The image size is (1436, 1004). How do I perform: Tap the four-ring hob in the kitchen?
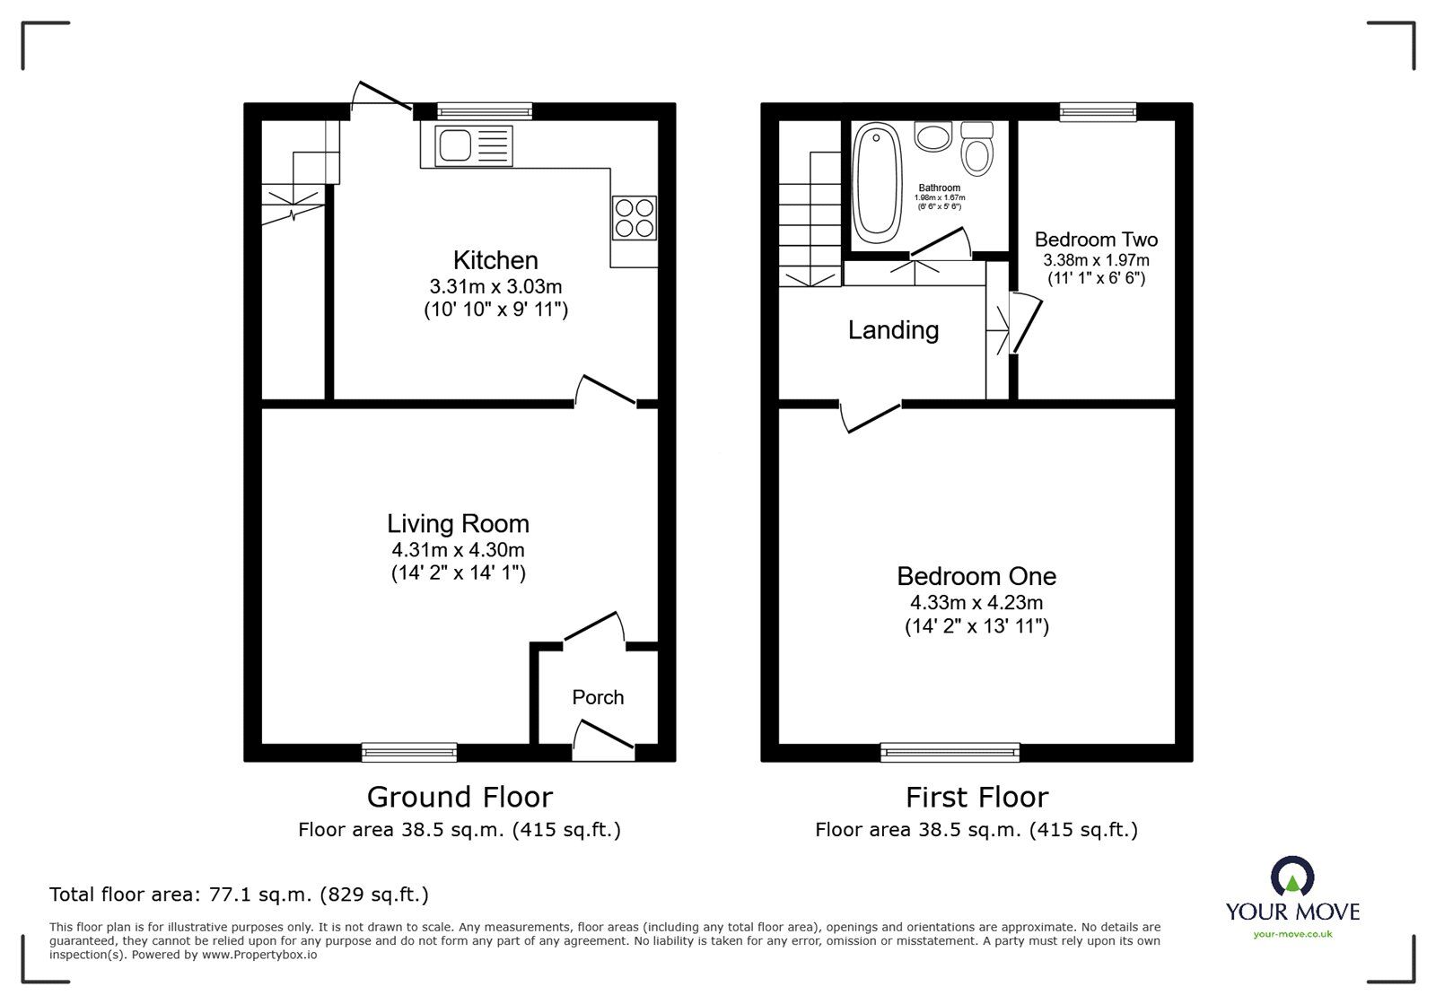634,217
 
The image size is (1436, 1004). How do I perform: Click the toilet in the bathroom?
976,148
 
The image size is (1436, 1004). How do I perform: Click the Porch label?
598,697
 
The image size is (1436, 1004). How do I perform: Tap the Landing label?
893,330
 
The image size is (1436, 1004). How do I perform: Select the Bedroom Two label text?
1096,240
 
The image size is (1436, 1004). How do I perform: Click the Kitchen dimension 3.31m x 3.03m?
495,287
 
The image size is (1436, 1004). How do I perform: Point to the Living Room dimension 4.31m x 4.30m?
458,550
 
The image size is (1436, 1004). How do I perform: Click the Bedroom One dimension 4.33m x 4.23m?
976,603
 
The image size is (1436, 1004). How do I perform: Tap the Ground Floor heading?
460,797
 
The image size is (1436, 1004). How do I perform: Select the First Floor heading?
976,797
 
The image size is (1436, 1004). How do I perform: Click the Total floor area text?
239,895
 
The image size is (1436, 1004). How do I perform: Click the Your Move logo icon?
1292,877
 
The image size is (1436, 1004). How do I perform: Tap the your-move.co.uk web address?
1292,934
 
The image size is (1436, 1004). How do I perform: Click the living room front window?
409,752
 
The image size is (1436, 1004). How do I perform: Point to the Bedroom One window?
950,752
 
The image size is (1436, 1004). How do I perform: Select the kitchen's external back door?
381,100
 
